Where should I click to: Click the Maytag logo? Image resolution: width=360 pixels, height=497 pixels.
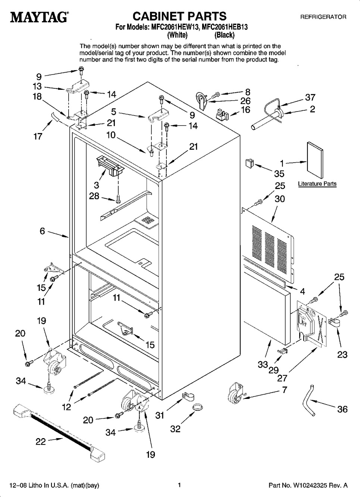click(x=36, y=17)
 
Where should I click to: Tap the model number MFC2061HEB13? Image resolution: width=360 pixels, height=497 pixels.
click(x=225, y=27)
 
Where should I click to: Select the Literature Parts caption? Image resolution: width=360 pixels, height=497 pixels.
click(x=317, y=184)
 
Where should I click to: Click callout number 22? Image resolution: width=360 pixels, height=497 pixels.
click(x=40, y=442)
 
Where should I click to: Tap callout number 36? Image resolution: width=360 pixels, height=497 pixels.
click(x=342, y=409)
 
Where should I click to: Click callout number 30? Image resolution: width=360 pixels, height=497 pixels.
click(x=279, y=199)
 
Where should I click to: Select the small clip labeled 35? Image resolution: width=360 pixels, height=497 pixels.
click(x=249, y=163)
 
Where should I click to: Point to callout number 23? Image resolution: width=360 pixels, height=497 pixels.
click(x=342, y=355)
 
